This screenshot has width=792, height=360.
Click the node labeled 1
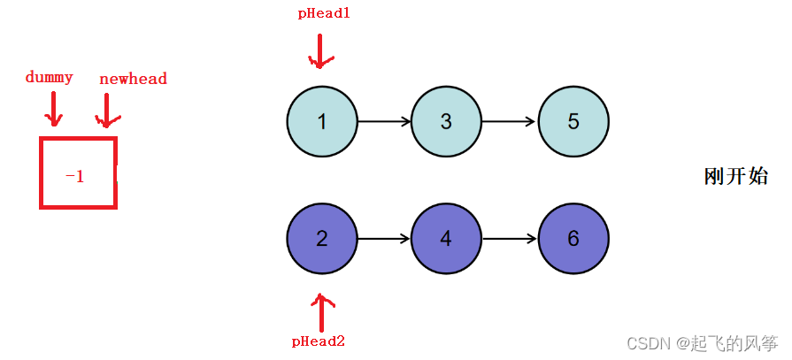[x=322, y=121]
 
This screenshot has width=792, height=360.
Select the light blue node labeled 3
[x=446, y=121]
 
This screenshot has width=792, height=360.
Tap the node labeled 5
[x=573, y=121]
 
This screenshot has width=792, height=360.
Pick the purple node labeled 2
[x=322, y=239]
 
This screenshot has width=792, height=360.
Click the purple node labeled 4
[x=446, y=239]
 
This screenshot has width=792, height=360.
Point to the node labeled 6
[x=573, y=239]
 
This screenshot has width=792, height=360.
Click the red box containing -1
[x=78, y=173]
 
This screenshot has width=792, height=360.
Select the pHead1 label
[x=323, y=14]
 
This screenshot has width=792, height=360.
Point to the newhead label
[x=133, y=79]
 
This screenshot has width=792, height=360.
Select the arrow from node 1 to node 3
[x=384, y=121]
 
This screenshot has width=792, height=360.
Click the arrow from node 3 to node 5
[x=510, y=121]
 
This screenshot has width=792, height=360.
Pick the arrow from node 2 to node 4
[x=384, y=239]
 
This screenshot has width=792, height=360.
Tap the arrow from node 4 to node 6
[x=510, y=239]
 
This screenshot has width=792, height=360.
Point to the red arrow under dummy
[x=54, y=109]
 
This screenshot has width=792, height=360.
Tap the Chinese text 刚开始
[x=735, y=176]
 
